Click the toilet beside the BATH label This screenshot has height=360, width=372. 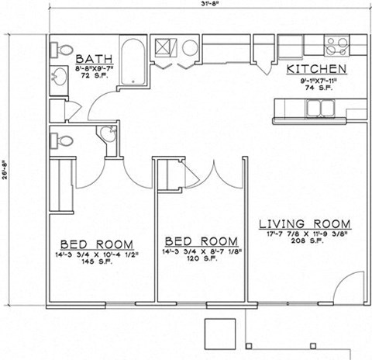[x=59, y=50]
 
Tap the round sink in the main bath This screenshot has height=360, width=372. [x=59, y=78]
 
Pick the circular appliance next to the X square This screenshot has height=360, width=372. [x=189, y=48]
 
